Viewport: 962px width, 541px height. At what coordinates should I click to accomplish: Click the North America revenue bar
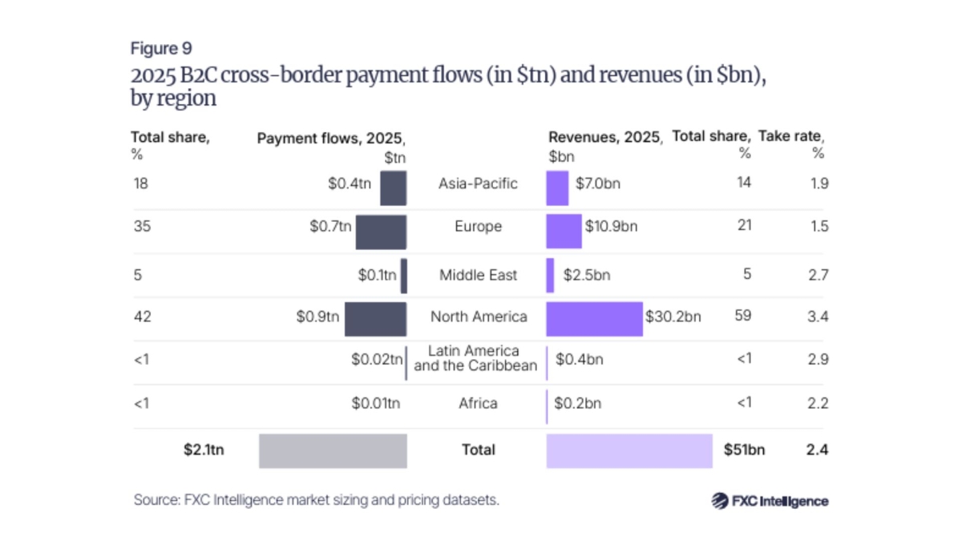tap(594, 318)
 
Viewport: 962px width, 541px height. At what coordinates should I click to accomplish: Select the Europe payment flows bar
tap(381, 232)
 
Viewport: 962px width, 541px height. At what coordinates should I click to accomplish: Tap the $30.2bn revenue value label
tap(673, 317)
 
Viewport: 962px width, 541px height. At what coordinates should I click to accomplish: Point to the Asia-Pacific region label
tap(478, 184)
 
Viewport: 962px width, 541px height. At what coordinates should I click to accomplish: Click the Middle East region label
tap(478, 275)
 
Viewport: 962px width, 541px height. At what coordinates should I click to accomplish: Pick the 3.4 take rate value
tap(819, 317)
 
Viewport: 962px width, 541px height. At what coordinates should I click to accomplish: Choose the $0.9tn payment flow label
tap(317, 317)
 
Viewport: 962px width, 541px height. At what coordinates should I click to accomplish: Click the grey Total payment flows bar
tap(333, 450)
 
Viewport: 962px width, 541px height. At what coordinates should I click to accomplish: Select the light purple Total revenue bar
tap(629, 450)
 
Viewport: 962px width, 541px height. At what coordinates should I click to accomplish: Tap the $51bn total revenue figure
tap(744, 450)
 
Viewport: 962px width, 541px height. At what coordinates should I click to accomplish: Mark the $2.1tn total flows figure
tap(204, 450)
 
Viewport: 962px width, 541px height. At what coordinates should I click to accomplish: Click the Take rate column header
tap(793, 137)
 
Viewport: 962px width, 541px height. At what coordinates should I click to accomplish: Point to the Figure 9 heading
tap(161, 50)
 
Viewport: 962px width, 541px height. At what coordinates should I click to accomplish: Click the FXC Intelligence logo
tap(770, 501)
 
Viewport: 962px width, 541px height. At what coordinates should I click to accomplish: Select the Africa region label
tap(478, 403)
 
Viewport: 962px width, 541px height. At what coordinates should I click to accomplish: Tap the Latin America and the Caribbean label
tap(475, 358)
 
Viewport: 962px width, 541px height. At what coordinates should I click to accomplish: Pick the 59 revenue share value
tap(743, 317)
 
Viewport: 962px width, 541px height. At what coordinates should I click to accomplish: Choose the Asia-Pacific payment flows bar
tap(393, 188)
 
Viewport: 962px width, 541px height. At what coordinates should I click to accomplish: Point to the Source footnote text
tap(317, 499)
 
